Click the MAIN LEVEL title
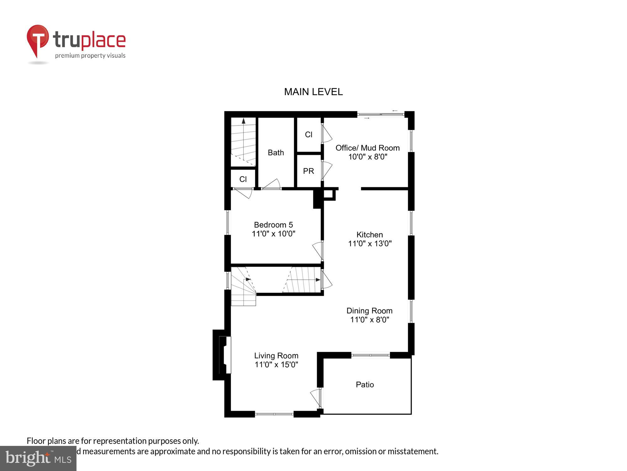pyautogui.click(x=313, y=92)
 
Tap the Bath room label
pyautogui.click(x=276, y=153)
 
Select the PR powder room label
pyautogui.click(x=308, y=171)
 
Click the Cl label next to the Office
pyautogui.click(x=308, y=134)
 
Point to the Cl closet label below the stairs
pyautogui.click(x=243, y=179)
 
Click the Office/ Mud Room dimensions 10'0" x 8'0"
pyautogui.click(x=368, y=157)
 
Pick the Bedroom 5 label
pyautogui.click(x=273, y=225)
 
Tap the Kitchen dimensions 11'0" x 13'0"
pyautogui.click(x=370, y=243)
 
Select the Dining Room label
pyautogui.click(x=369, y=311)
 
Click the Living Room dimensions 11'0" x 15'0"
pyautogui.click(x=276, y=365)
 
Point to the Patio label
pyautogui.click(x=365, y=385)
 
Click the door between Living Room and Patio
pyautogui.click(x=316, y=398)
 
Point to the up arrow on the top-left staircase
pyautogui.click(x=244, y=121)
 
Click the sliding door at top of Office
pyautogui.click(x=381, y=115)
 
